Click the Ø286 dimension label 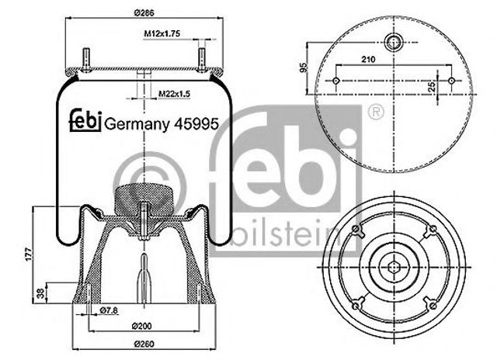pyautogui.click(x=144, y=13)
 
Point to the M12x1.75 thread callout pyautogui.click(x=162, y=33)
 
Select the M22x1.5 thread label pyautogui.click(x=174, y=94)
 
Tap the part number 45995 pyautogui.click(x=196, y=124)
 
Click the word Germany pyautogui.click(x=137, y=125)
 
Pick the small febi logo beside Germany pyautogui.click(x=85, y=120)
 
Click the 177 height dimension pyautogui.click(x=29, y=254)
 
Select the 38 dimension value pyautogui.click(x=40, y=294)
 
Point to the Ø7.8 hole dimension pyautogui.click(x=109, y=311)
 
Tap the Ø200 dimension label pyautogui.click(x=141, y=326)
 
